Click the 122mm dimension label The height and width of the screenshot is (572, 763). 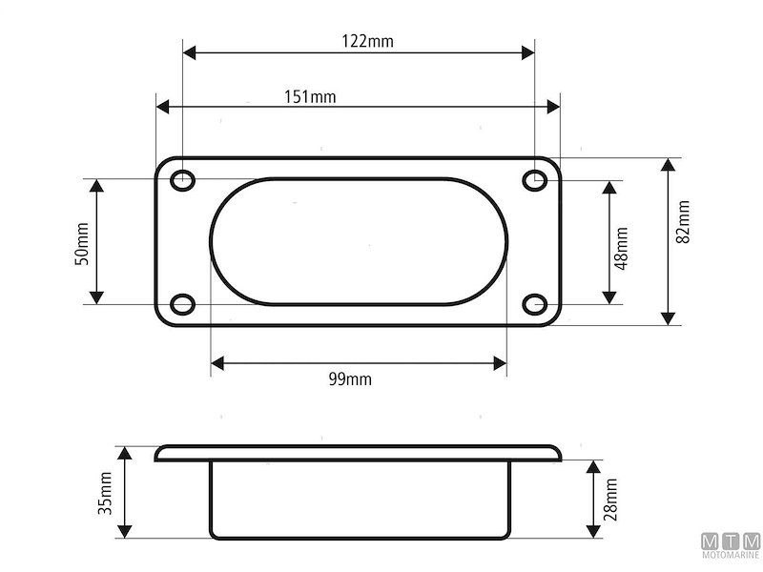[367, 41]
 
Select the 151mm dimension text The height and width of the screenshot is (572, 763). [309, 96]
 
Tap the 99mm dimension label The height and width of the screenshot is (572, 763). [350, 379]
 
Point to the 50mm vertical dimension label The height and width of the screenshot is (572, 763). [82, 243]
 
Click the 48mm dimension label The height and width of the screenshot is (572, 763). [621, 248]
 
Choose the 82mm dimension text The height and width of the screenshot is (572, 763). [683, 220]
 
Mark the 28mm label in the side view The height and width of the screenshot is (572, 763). [610, 498]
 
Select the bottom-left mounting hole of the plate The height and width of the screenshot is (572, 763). [182, 305]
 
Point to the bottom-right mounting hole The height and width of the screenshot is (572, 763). [535, 305]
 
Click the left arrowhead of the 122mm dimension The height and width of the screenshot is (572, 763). [189, 52]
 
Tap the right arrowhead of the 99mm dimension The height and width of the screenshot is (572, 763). [500, 362]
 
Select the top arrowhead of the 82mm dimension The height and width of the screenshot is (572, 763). [668, 165]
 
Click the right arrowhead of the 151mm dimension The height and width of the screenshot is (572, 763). [554, 107]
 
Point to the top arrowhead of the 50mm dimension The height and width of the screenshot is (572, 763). [95, 184]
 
